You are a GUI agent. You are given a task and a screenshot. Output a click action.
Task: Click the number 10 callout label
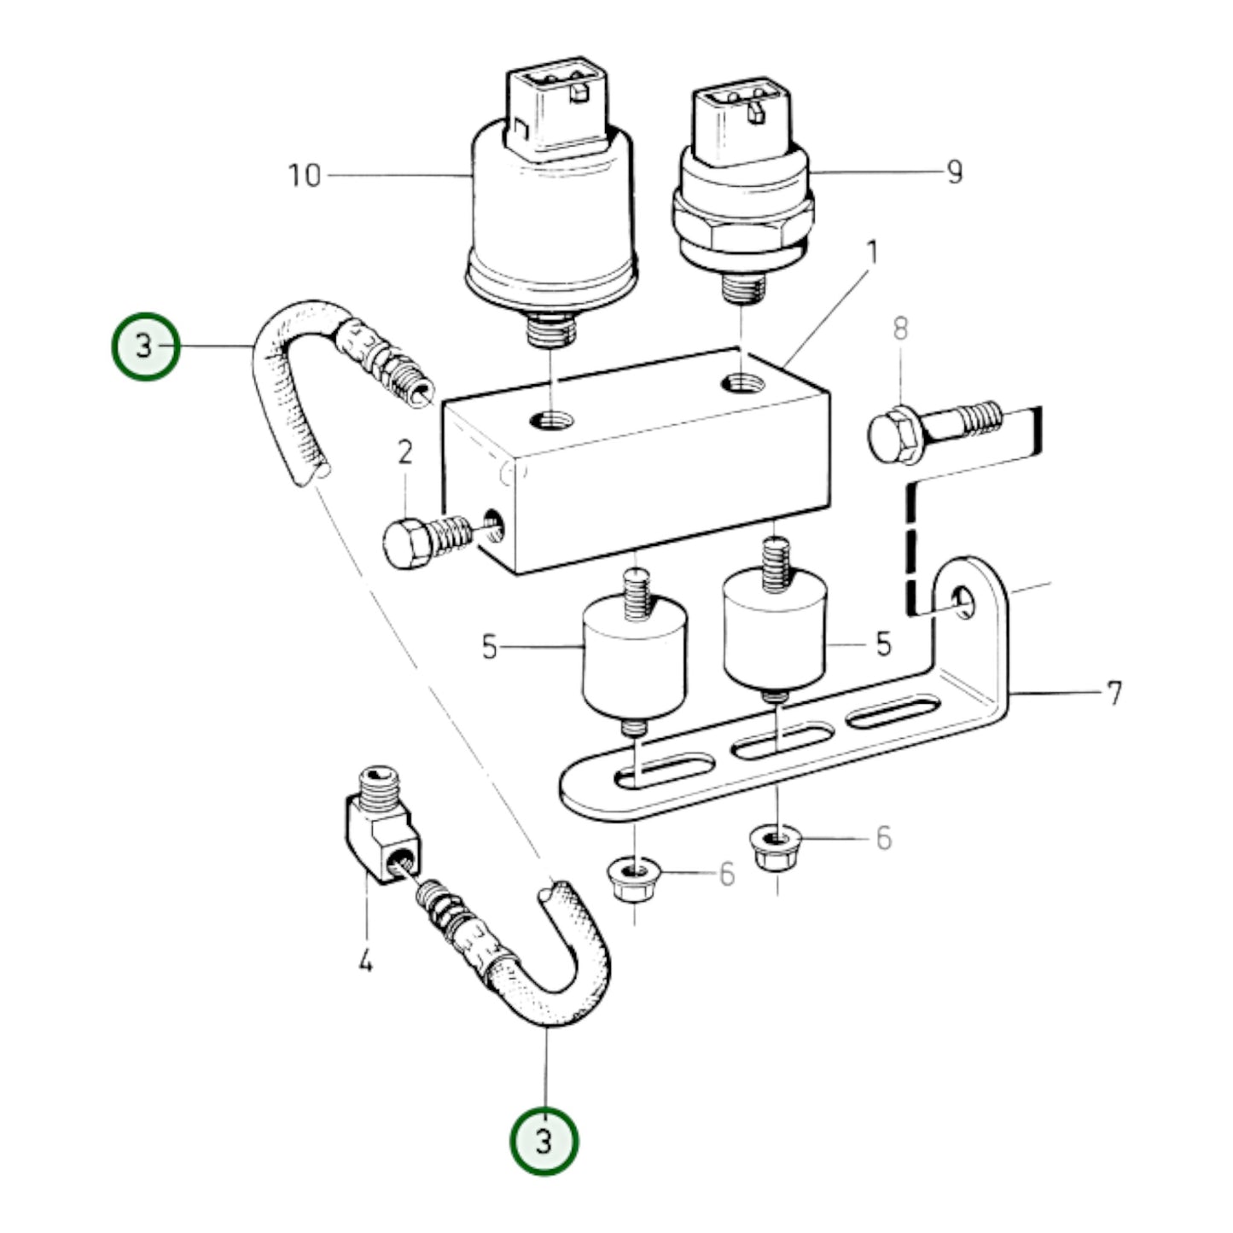(x=305, y=176)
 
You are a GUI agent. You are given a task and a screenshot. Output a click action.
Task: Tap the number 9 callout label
(x=954, y=172)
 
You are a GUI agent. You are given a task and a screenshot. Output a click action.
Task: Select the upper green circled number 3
(x=145, y=346)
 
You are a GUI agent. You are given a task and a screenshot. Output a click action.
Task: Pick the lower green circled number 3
(x=544, y=1141)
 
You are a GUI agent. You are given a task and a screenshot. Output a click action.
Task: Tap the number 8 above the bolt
(x=900, y=329)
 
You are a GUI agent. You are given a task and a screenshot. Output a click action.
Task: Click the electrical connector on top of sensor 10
(x=558, y=111)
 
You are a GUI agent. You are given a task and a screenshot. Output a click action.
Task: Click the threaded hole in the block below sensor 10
(x=552, y=419)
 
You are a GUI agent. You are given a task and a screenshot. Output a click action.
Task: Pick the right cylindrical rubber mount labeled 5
(x=775, y=631)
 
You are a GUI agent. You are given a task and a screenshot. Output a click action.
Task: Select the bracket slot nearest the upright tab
(x=893, y=712)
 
